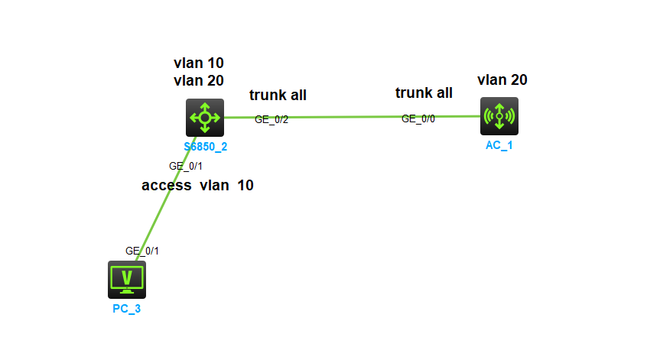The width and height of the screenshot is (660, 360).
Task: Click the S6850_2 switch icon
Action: click(204, 117)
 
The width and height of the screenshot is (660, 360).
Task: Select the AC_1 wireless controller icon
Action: click(499, 116)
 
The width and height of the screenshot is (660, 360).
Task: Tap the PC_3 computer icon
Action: click(126, 279)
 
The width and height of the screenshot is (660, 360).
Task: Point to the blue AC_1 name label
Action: click(499, 144)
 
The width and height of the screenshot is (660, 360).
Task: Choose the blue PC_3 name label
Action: click(126, 309)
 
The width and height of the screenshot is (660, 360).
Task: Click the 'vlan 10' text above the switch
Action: click(199, 63)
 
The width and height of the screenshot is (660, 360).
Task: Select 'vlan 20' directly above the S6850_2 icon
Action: click(199, 80)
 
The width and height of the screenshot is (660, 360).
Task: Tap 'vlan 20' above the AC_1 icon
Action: click(502, 79)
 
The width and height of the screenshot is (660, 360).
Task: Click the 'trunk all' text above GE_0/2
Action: click(278, 96)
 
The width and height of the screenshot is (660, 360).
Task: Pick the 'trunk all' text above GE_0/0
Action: click(424, 93)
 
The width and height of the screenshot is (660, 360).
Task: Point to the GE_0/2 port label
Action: click(271, 119)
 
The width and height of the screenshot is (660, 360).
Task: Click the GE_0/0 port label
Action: click(418, 118)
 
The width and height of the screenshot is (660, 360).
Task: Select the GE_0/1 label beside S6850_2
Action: click(185, 165)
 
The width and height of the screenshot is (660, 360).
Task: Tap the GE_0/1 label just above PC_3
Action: click(142, 250)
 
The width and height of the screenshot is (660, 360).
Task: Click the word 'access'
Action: click(166, 185)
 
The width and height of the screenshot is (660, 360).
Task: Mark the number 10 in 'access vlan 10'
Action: click(245, 185)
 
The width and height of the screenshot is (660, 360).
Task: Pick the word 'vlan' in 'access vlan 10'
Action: click(215, 185)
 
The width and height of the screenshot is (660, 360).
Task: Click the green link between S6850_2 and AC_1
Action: click(344, 117)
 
